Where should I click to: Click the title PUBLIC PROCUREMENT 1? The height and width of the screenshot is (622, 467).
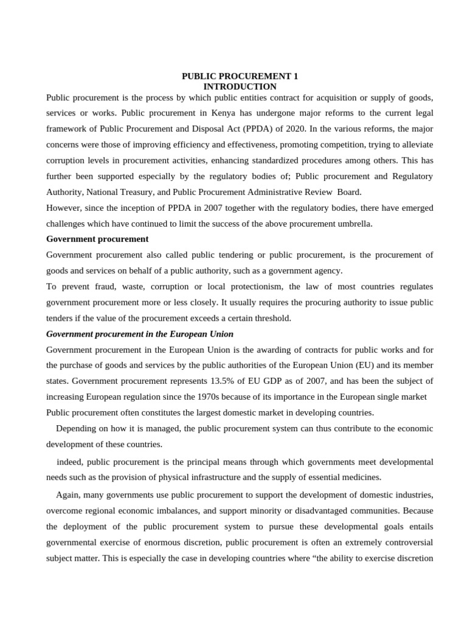coord(240,77)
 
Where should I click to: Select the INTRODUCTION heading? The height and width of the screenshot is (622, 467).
coord(240,87)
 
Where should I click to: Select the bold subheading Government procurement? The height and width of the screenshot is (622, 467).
coord(97,239)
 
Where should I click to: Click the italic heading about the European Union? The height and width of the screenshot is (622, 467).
coord(140,334)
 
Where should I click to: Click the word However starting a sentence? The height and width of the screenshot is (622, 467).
coord(64,208)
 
